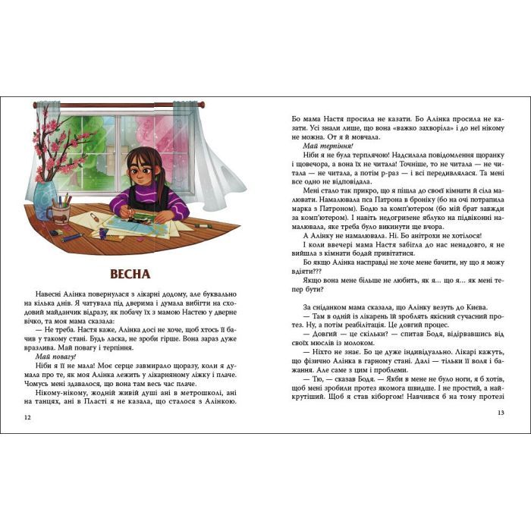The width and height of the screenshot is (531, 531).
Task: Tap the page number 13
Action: (500, 413)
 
